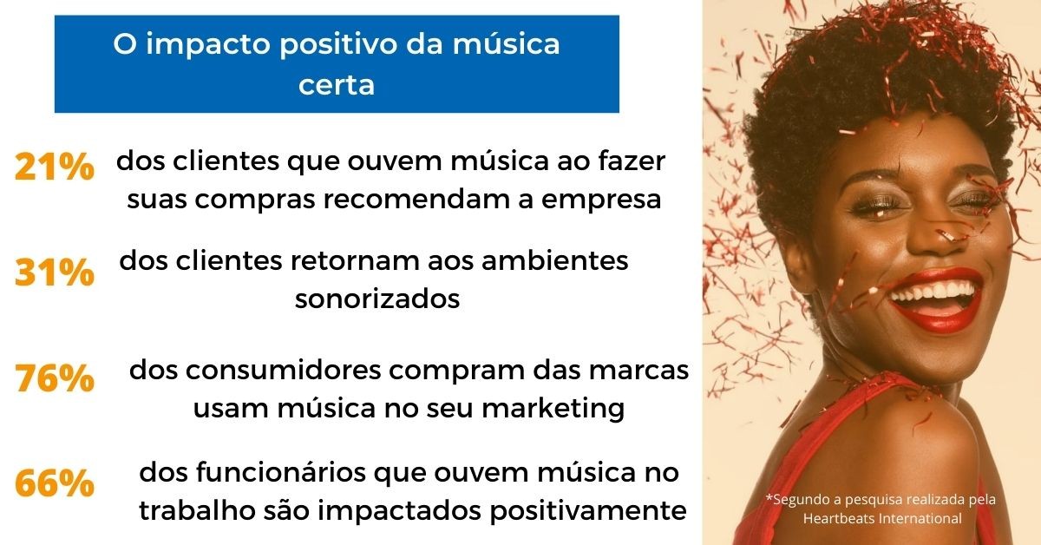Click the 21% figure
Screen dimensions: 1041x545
[x=55, y=167]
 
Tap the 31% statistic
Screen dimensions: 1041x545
[x=55, y=272]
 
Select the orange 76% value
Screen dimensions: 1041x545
[x=55, y=378]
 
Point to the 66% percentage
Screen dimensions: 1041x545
[x=55, y=483]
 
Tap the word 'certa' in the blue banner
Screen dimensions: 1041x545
[x=337, y=85]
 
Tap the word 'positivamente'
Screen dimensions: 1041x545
[x=588, y=511]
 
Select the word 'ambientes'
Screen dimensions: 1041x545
[x=555, y=261]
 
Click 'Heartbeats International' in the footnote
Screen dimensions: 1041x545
[x=882, y=518]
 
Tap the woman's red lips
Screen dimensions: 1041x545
[x=935, y=299]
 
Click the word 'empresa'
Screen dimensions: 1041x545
[x=601, y=200]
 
